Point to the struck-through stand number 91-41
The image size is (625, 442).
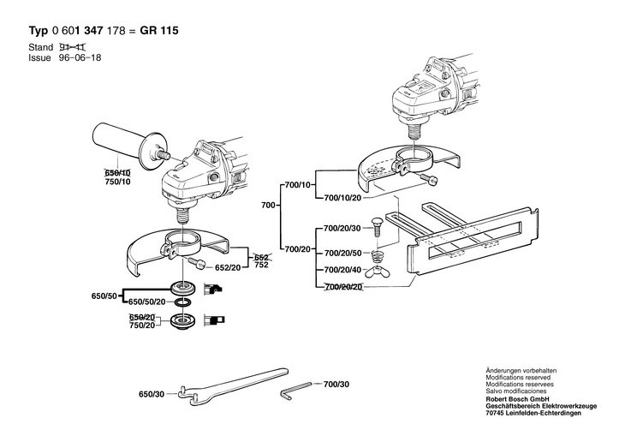click(x=71, y=45)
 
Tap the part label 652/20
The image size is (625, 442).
click(x=227, y=268)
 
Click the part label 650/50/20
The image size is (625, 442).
click(x=146, y=302)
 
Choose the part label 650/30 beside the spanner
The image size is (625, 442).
click(x=151, y=394)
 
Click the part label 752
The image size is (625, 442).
click(x=262, y=266)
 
